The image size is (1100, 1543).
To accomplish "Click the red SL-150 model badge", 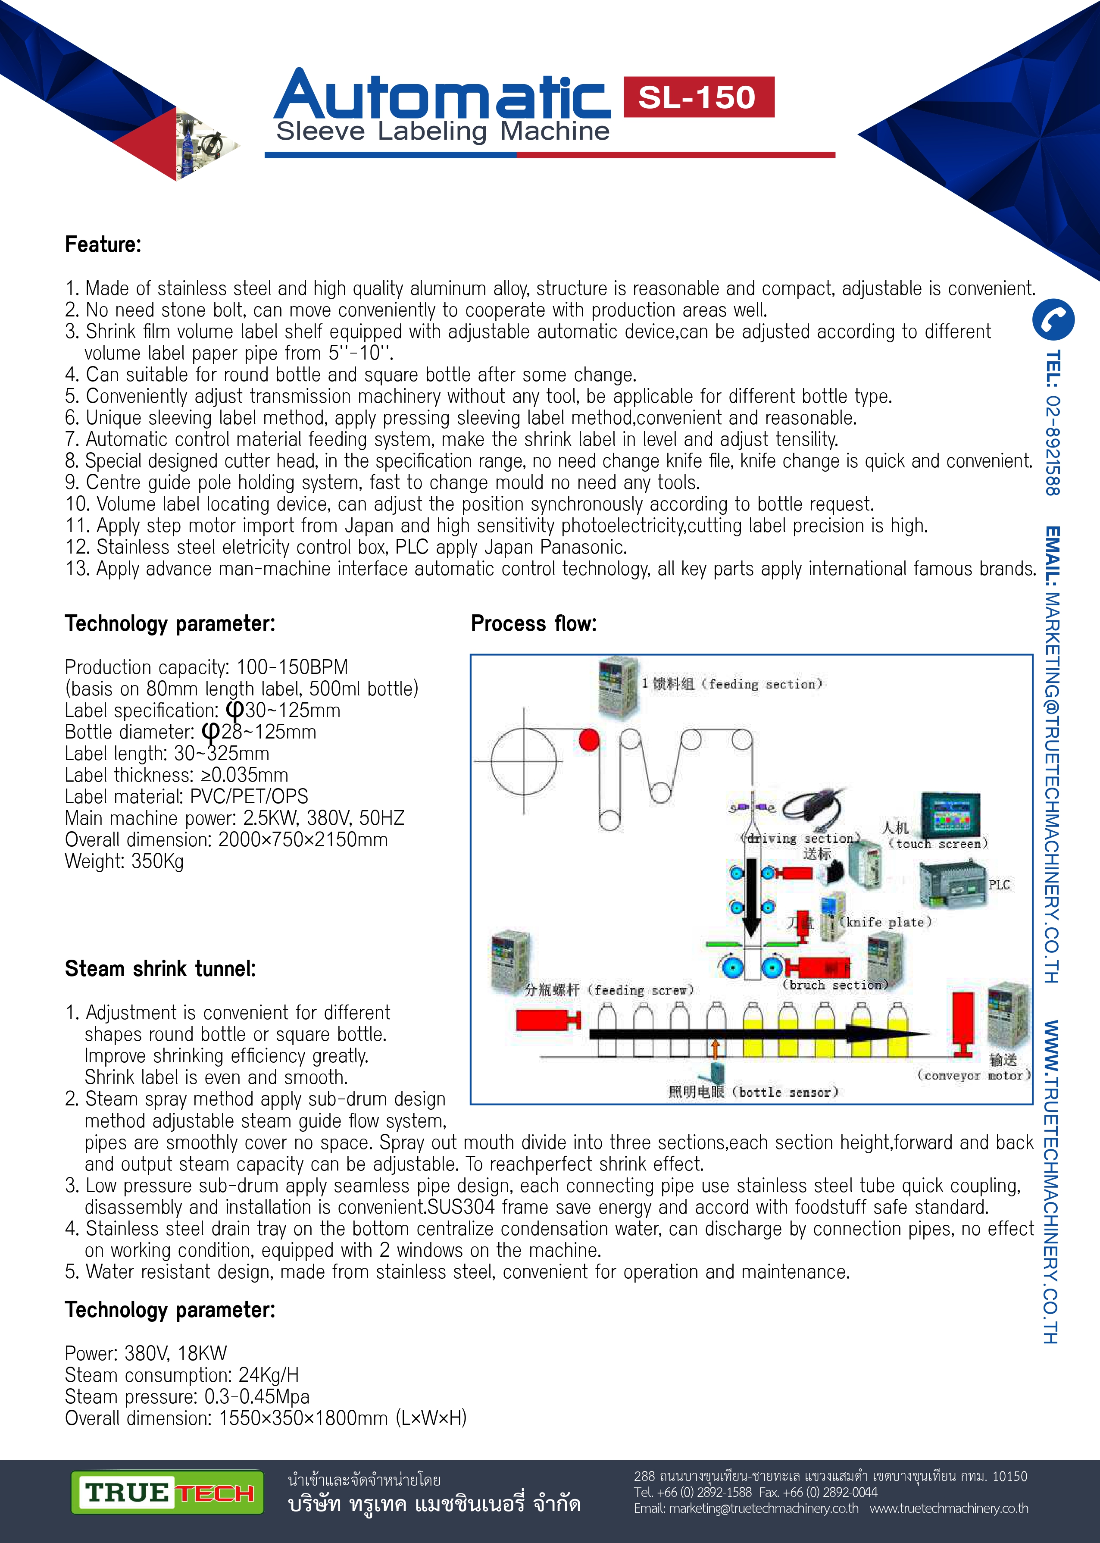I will tap(698, 97).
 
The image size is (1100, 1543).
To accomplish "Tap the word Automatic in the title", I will tap(442, 96).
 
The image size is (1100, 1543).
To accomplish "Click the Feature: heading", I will tap(103, 244).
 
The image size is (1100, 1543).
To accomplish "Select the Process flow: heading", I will tap(534, 623).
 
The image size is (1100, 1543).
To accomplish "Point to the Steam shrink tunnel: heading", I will tap(160, 969).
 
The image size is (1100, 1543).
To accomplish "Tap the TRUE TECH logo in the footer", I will tap(167, 1492).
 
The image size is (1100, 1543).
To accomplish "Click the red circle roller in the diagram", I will tap(589, 740).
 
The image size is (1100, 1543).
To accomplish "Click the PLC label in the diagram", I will tap(999, 885).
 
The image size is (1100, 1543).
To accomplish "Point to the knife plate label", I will tap(885, 922).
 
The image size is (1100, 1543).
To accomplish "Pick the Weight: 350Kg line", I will tap(124, 861).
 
